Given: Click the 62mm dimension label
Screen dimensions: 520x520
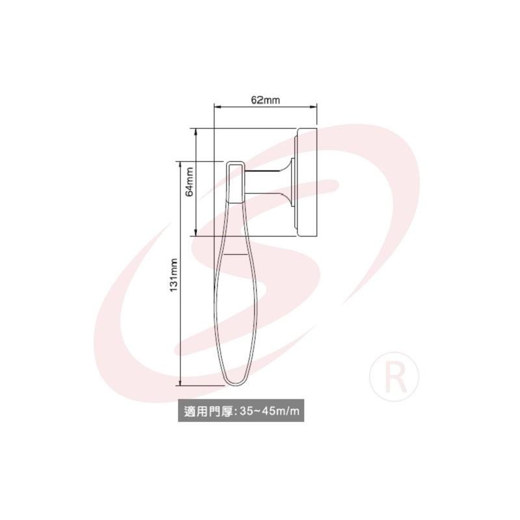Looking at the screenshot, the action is point(265,100).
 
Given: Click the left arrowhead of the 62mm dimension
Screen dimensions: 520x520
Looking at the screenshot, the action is point(217,107).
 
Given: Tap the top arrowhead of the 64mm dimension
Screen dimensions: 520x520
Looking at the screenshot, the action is point(196,132).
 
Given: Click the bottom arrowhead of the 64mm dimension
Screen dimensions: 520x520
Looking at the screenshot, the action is point(196,233).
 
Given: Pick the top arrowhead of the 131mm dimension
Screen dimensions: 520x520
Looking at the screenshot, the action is point(181,165).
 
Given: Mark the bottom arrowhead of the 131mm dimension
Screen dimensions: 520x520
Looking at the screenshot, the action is point(181,382).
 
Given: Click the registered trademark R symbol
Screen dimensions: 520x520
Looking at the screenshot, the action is point(394,376).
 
